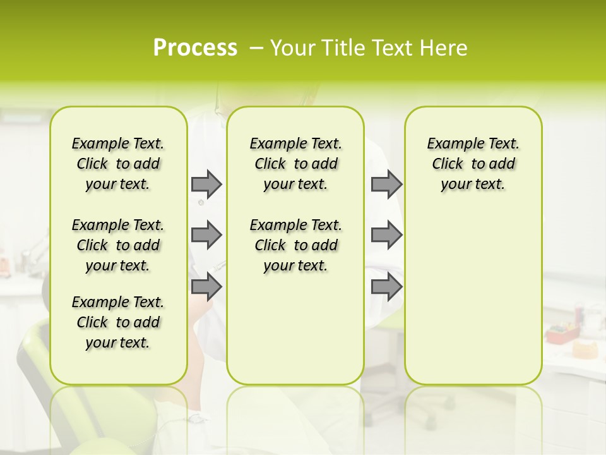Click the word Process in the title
(x=195, y=48)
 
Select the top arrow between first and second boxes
(x=206, y=184)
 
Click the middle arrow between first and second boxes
(x=206, y=235)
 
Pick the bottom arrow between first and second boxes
(x=206, y=286)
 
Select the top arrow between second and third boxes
(x=386, y=184)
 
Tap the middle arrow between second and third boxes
(x=386, y=235)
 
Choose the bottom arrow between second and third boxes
(x=386, y=286)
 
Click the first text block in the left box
(x=118, y=164)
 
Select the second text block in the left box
(x=118, y=245)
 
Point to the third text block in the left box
(x=118, y=322)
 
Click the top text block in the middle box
(x=295, y=164)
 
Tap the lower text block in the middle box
(x=295, y=245)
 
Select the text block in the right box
(x=473, y=164)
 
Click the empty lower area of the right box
(x=473, y=297)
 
